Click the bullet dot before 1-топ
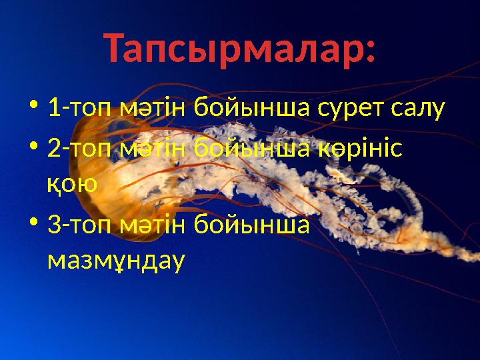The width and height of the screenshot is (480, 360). [x=34, y=107]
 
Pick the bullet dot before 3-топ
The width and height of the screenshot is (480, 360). [x=34, y=223]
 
